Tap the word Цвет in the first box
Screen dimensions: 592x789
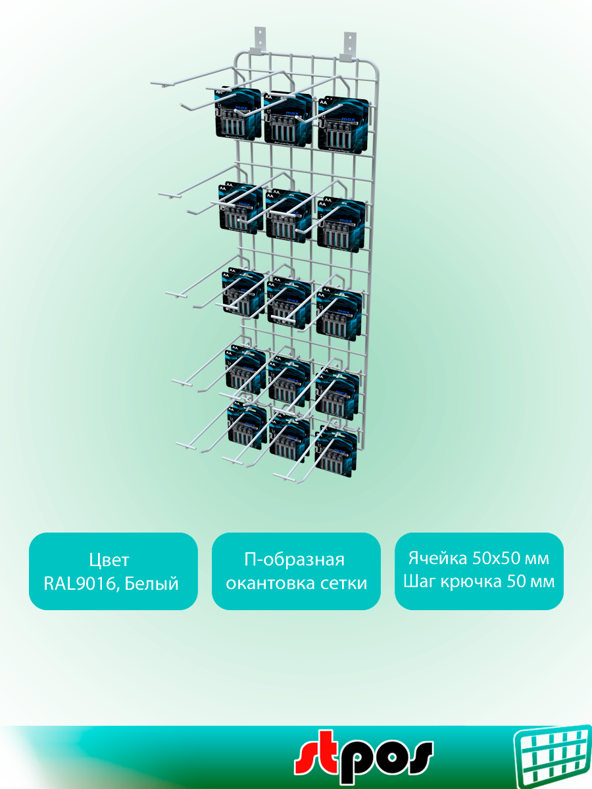[x=109, y=560]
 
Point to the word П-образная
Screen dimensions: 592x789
[x=294, y=560]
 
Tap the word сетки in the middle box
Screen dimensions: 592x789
[x=347, y=583]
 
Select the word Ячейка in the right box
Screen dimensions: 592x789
[x=437, y=559]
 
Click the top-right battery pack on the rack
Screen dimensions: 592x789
[x=341, y=122]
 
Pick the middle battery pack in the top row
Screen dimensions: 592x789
[x=288, y=117]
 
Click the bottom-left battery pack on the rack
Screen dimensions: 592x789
[x=247, y=427]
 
